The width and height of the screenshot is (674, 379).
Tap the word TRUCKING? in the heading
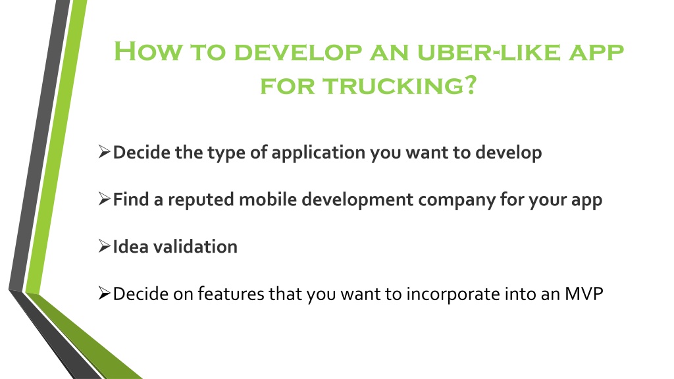[x=400, y=86]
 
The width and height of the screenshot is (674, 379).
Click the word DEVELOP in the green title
[x=298, y=51]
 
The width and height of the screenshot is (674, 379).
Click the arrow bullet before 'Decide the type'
[x=105, y=152]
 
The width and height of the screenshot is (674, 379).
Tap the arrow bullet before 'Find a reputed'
[x=105, y=199]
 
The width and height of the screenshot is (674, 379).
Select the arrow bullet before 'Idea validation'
[x=105, y=246]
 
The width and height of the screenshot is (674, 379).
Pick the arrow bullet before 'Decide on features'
[x=105, y=293]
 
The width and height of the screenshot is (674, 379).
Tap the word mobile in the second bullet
[x=268, y=199]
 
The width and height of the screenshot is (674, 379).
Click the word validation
[x=195, y=247]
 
